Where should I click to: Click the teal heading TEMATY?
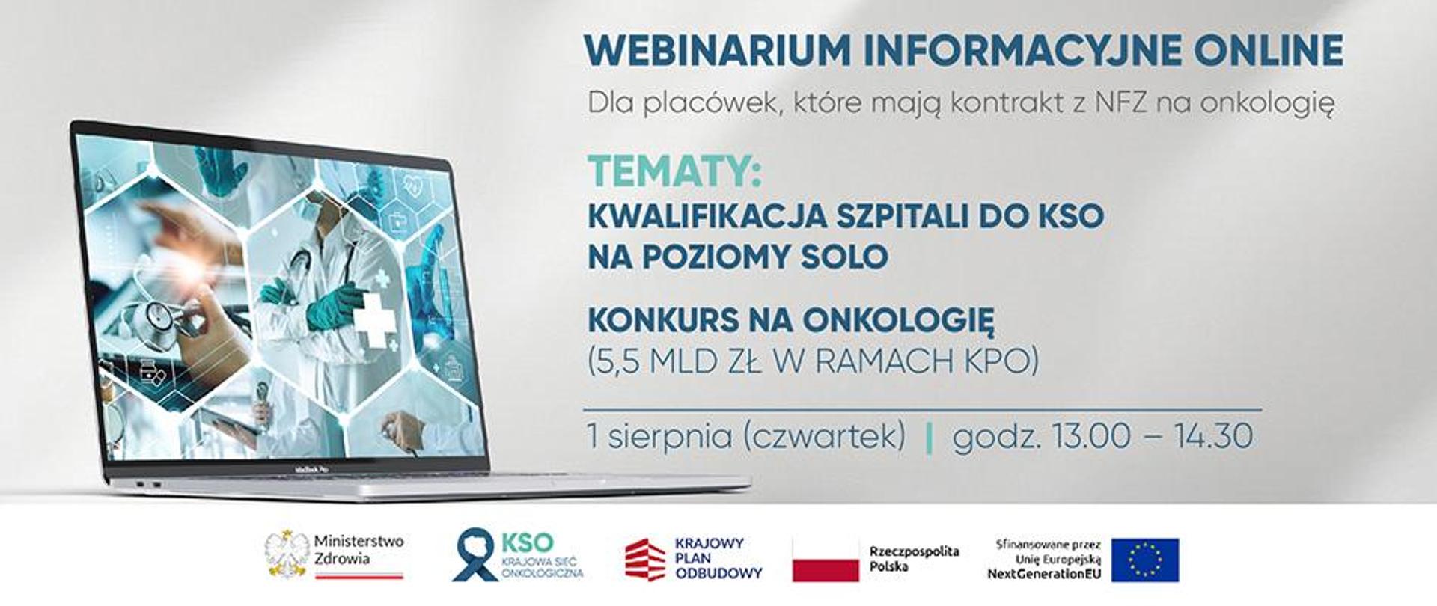pyautogui.click(x=674, y=171)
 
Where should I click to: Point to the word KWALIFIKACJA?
pyautogui.click(x=707, y=216)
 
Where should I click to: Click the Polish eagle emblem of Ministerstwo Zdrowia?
pyautogui.click(x=287, y=554)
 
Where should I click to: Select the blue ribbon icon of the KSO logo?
pyautogui.click(x=475, y=554)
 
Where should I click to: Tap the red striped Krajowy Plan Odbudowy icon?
pyautogui.click(x=644, y=559)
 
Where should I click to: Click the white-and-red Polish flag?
pyautogui.click(x=826, y=559)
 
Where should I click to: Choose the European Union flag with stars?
pyautogui.click(x=1144, y=560)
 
